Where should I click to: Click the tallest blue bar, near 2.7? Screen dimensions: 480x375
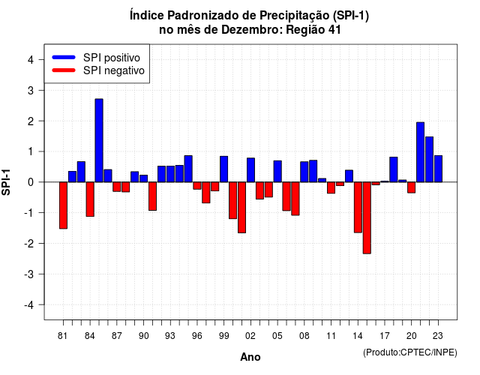[99, 140]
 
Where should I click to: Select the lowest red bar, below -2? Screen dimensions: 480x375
[367, 218]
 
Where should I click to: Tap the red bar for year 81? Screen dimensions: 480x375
[63, 205]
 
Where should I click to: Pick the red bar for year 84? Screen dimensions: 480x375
[90, 199]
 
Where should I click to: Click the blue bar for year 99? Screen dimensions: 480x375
[223, 169]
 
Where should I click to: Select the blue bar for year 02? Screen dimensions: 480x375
[250, 170]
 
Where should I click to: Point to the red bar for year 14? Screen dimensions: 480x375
[358, 207]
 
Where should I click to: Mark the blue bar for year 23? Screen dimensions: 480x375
[438, 169]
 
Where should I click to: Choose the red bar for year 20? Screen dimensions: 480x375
[412, 187]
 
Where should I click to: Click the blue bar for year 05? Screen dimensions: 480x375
[277, 172]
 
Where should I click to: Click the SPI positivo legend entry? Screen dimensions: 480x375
[96, 58]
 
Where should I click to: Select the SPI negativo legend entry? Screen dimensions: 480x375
[98, 70]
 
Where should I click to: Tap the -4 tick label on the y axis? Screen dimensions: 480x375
[29, 305]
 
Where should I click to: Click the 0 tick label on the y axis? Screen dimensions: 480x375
[31, 182]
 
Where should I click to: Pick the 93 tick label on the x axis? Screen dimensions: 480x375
[170, 336]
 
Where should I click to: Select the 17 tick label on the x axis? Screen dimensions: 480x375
[385, 336]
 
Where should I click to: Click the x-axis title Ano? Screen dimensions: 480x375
[250, 357]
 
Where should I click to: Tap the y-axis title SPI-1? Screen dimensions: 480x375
[6, 182]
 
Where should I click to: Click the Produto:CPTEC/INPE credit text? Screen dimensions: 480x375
[410, 352]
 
